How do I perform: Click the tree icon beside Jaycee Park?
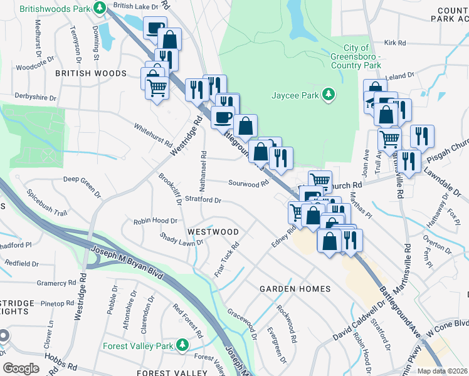328,95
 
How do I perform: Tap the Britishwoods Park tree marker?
99,8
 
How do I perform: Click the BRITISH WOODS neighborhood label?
90,73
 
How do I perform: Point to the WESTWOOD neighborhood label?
213,231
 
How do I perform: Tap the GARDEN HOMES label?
295,289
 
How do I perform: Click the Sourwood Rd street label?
248,184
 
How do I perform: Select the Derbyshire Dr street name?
36,98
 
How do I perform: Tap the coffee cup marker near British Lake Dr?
155,27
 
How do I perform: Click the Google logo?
21,368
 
